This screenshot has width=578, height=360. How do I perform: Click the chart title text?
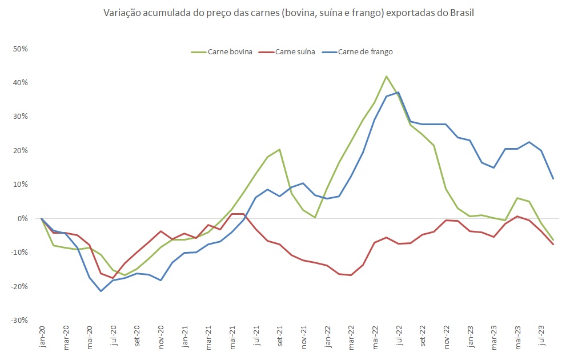coord(288,13)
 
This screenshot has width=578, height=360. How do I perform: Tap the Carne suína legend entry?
coord(295,52)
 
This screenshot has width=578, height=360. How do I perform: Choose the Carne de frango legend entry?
coord(365,52)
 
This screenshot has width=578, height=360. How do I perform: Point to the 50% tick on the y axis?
coord(21,49)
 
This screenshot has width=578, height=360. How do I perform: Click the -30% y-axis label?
coord(20,320)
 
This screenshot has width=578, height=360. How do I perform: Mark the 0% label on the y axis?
coord(23,218)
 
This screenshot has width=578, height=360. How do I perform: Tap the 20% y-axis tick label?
coord(21,150)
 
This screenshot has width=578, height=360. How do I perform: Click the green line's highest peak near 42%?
coord(387,76)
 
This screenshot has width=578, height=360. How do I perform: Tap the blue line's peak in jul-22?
coord(398,92)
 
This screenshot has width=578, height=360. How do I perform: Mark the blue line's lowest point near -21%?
coord(101,291)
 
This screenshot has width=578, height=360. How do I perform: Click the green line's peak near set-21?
coord(279,149)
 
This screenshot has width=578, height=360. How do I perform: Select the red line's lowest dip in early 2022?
coord(351,275)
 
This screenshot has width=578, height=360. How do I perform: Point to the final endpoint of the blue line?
coord(553,179)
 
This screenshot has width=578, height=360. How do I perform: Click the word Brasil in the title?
coord(462,13)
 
